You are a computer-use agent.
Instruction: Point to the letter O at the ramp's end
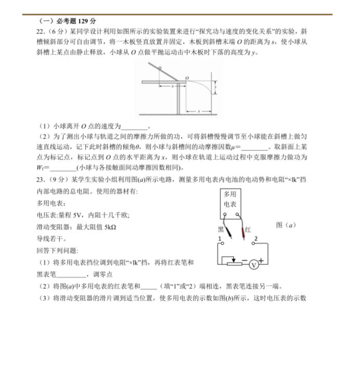click(187, 76)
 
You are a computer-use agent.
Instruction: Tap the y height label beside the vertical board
click(216, 88)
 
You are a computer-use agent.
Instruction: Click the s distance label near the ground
click(199, 111)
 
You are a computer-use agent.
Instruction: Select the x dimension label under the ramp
click(172, 86)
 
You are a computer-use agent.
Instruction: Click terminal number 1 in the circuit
click(220, 239)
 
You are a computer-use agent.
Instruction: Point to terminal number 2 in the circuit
click(255, 239)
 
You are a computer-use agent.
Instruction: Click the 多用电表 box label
click(229, 199)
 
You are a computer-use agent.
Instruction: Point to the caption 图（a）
click(286, 225)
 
